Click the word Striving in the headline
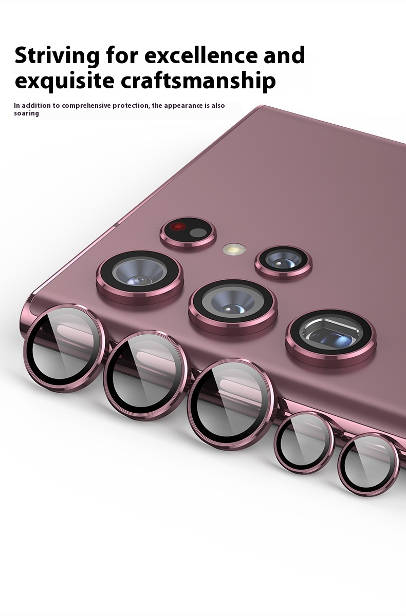[57, 56]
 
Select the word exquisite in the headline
[64, 81]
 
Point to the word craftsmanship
[198, 81]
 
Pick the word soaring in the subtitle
[26, 113]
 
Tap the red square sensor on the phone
[178, 226]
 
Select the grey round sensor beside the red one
[198, 233]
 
